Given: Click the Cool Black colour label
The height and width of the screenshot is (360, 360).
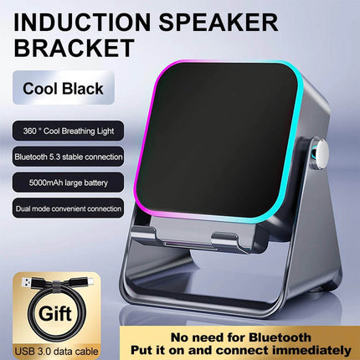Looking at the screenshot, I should coord(64,87).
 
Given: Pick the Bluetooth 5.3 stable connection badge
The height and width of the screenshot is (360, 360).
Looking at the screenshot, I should coord(68,156).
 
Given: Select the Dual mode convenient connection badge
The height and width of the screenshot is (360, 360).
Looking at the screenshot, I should coord(68,207).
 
